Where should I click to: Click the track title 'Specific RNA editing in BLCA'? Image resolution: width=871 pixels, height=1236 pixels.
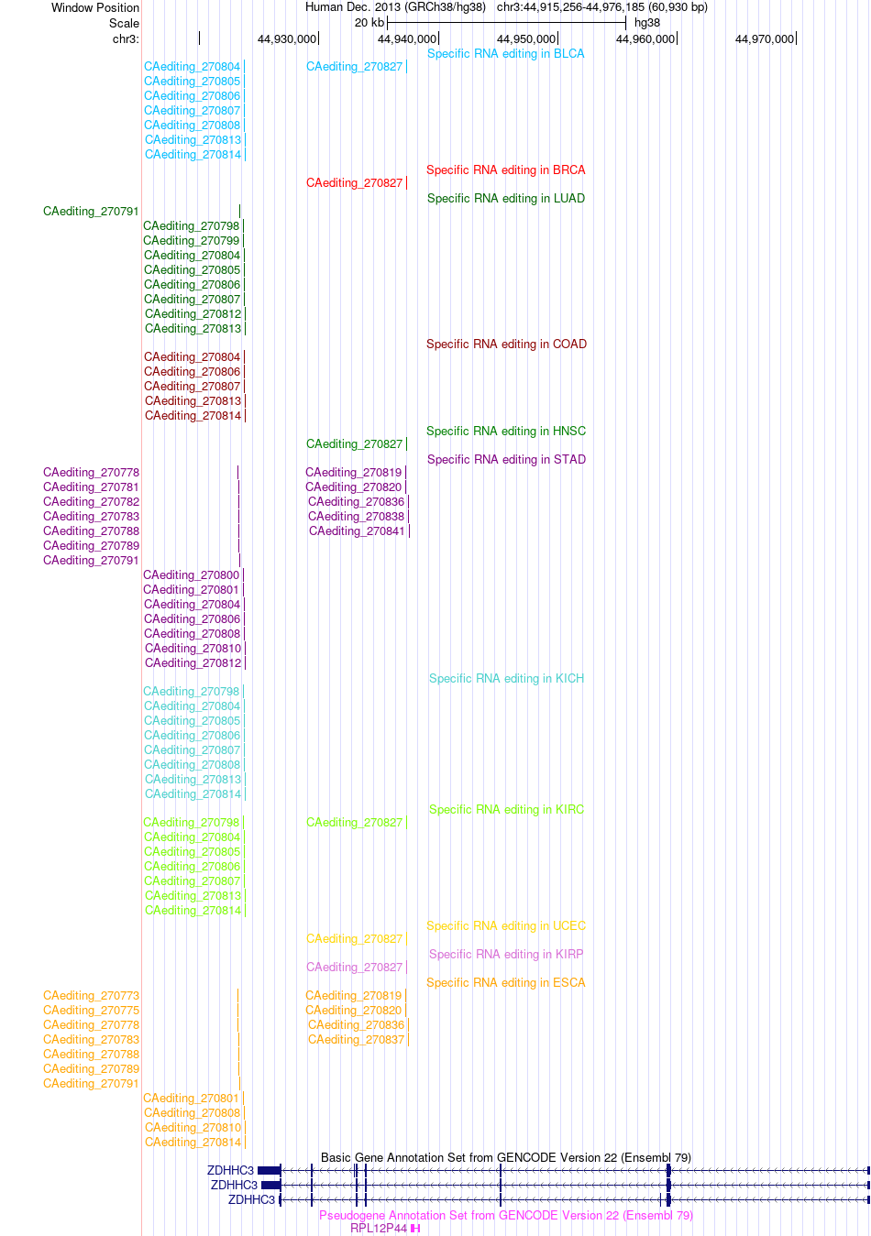point(505,53)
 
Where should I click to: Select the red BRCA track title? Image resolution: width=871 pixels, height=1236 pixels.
point(505,170)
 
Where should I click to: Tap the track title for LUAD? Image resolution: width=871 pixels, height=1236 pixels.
point(505,198)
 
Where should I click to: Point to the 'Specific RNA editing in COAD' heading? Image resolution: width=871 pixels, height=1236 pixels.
point(506,345)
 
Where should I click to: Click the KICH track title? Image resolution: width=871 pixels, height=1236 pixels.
point(506,679)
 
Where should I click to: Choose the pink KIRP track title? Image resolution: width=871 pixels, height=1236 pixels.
point(506,955)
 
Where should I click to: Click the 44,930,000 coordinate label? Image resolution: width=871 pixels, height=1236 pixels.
point(287,39)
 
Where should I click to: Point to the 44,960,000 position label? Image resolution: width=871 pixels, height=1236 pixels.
point(645,39)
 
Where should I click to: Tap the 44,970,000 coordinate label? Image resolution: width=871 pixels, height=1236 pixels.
point(765,39)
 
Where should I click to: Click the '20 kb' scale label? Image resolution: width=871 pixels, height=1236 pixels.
point(369,23)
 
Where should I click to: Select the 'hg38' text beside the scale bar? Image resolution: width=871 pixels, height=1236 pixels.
point(646,23)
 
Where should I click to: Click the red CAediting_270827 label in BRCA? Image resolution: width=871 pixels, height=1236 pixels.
point(354,183)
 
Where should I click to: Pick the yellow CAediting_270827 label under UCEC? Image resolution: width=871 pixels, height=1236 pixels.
point(354,939)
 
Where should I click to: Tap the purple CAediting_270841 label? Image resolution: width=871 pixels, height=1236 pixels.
point(357,531)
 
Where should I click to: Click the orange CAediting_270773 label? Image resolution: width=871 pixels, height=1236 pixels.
point(91,996)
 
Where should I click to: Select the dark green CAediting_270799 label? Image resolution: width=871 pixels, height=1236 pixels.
point(191,241)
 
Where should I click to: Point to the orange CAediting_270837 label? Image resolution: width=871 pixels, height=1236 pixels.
point(357,1040)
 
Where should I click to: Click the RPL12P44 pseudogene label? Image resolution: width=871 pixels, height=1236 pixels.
point(379,1229)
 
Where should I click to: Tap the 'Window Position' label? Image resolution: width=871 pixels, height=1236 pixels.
point(95,7)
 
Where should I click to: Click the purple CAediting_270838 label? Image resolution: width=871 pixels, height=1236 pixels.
point(357,517)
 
